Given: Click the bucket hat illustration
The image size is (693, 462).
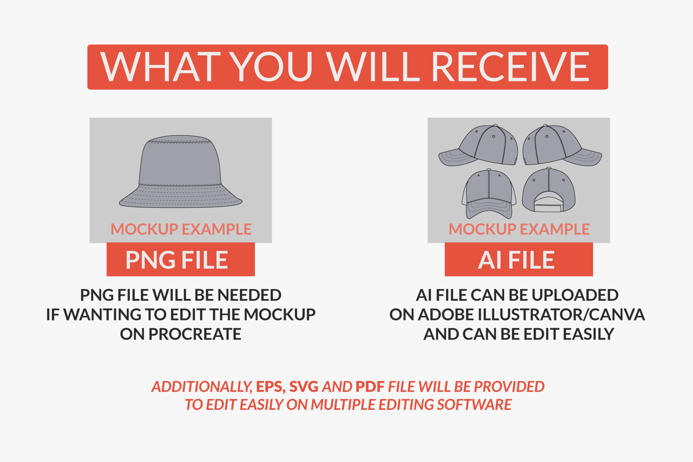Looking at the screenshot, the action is click(181, 171).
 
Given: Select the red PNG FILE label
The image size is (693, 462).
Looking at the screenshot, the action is click(181, 259).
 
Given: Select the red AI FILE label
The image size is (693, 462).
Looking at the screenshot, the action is click(519, 259).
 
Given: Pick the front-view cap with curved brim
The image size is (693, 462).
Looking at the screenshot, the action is click(489, 194).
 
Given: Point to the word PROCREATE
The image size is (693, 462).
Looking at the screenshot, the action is click(195, 334).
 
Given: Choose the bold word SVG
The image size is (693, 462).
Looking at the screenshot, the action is click(304, 387).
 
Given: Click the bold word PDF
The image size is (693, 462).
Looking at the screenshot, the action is click(370, 387).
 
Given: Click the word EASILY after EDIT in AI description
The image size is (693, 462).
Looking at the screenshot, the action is click(588, 334).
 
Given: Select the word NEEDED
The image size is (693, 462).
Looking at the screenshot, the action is click(249, 295).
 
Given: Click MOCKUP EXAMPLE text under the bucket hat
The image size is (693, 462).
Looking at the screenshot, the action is click(181, 229).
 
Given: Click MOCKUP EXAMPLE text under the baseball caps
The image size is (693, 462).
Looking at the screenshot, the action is click(519, 229).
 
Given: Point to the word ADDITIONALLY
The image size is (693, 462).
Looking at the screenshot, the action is click(202, 387).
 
